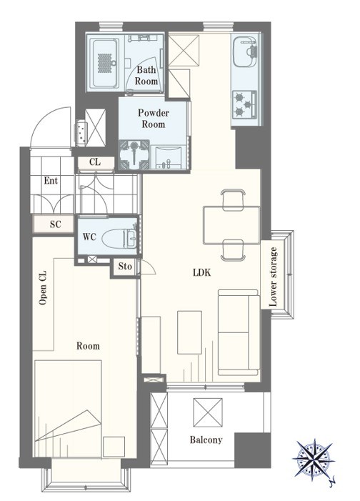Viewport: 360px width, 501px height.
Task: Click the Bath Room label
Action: tap(146, 75)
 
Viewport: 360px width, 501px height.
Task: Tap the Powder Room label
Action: tap(154, 118)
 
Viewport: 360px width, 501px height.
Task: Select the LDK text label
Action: tap(202, 272)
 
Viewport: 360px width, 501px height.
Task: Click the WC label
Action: tap(89, 237)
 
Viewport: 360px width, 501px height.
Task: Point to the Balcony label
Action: tap(206, 440)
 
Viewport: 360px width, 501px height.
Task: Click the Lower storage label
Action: tap(273, 277)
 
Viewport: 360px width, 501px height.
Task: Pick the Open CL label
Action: tap(42, 287)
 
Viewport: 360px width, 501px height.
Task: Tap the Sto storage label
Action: tap(125, 266)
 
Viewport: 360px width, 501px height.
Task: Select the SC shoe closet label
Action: tap(55, 224)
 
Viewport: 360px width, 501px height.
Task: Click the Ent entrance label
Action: tap(51, 181)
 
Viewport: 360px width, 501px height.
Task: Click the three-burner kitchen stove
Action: tap(245, 104)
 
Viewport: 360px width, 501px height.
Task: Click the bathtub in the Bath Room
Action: tap(103, 64)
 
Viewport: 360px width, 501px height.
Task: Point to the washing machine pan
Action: tap(134, 154)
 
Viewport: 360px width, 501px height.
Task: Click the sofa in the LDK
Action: tap(239, 332)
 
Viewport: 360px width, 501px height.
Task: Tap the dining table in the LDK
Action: tap(231, 225)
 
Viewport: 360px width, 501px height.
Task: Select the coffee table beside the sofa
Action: tap(190, 332)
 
